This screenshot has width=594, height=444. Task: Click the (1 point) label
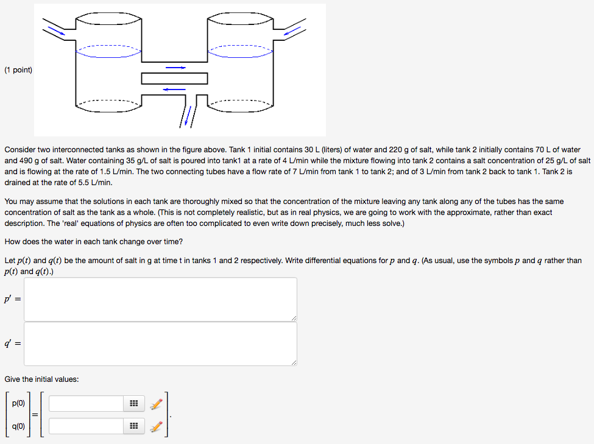18,70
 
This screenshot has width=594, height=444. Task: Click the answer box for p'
161,299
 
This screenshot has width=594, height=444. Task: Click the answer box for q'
161,344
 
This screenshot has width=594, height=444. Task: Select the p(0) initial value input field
87,403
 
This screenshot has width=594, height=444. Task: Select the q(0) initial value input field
87,426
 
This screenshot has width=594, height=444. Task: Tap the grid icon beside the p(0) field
133,404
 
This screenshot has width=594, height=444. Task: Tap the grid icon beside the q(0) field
133,426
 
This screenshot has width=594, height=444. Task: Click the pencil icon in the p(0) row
157,404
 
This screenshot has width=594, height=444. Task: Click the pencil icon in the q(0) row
157,426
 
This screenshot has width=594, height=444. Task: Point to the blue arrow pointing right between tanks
175,68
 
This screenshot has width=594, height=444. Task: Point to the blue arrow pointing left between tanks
174,90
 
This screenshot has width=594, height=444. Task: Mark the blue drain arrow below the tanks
188,116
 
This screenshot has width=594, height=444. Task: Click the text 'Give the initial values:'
41,379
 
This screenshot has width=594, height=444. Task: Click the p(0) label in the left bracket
18,403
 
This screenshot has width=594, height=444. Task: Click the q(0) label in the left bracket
18,426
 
